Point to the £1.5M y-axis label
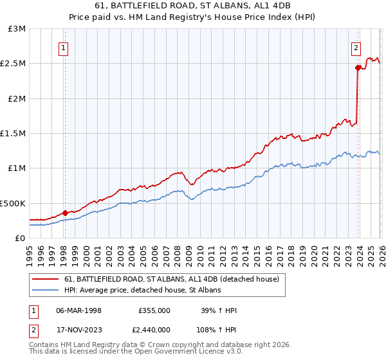point(14,134)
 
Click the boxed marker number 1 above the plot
point(64,47)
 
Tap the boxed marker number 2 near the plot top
point(356,47)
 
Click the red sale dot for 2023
point(357,67)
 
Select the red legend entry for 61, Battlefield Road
point(172,279)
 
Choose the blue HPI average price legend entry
point(142,291)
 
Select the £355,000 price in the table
point(154,310)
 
